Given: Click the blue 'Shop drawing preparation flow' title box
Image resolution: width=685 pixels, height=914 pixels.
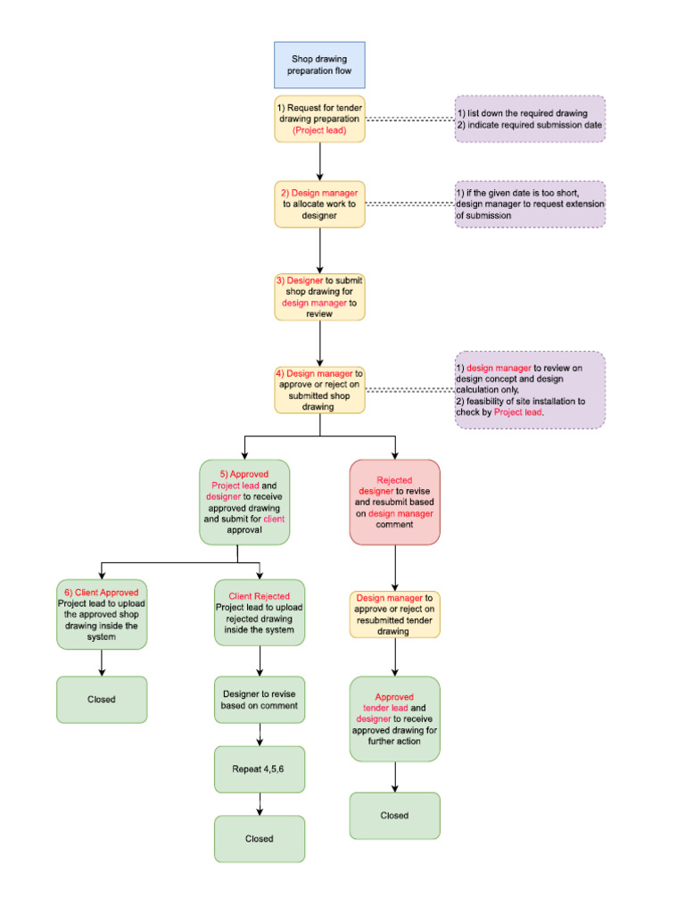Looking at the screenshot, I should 319,64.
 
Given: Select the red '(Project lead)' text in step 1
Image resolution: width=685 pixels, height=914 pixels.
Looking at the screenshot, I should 319,130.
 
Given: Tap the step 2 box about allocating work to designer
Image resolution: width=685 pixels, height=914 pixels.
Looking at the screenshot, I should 319,204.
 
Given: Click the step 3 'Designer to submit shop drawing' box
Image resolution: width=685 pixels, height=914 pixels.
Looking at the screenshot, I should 319,296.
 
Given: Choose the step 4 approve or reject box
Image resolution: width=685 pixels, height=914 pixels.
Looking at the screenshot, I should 319,390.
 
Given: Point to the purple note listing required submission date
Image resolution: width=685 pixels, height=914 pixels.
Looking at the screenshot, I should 530,120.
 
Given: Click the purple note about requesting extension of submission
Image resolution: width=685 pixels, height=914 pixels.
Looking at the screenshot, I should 530,204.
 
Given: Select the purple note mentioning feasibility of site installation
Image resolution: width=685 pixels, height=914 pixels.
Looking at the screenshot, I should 530,390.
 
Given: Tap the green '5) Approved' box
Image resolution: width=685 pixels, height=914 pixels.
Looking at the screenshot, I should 243,501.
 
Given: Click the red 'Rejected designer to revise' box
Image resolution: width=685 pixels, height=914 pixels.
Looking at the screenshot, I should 394,502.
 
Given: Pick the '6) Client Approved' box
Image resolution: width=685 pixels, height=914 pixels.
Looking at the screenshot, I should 102,614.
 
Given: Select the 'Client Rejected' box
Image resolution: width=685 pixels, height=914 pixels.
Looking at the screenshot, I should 259,612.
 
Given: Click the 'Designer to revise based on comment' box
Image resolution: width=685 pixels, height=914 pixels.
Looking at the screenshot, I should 259,700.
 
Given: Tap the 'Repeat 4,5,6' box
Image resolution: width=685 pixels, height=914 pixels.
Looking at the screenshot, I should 259,769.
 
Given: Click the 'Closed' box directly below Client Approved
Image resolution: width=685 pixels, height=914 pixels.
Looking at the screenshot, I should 102,699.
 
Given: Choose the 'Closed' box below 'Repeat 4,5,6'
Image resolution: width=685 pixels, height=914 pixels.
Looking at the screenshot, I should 259,838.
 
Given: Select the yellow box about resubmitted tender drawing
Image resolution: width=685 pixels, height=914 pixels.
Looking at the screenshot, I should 394,614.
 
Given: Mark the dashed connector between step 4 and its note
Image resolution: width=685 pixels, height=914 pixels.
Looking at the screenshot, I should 409,390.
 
